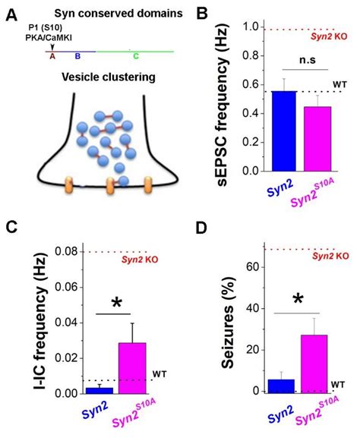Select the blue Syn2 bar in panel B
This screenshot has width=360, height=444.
pos(284,131)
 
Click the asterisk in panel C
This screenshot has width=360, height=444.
pos(117,304)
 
